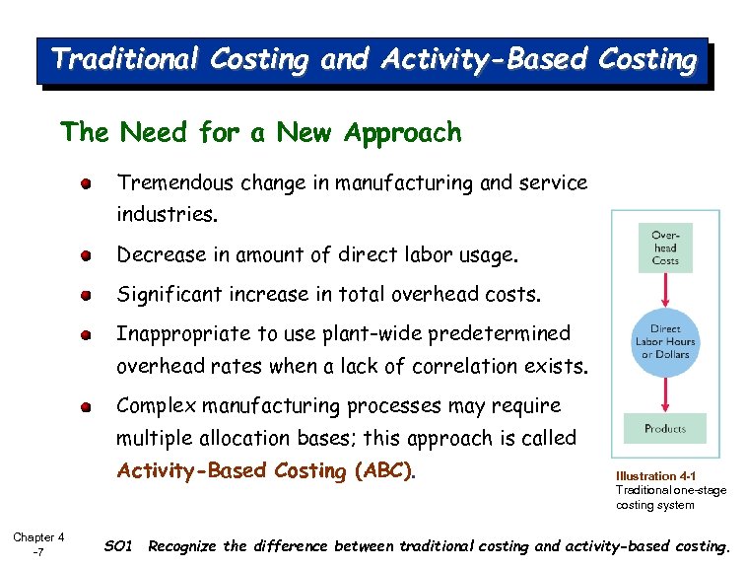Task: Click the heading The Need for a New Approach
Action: [260, 132]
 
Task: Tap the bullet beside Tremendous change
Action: [87, 182]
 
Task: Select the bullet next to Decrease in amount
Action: [87, 255]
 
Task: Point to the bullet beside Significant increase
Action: [87, 294]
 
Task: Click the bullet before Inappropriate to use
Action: [87, 333]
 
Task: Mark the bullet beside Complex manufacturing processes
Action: [87, 405]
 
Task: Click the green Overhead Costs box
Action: [665, 248]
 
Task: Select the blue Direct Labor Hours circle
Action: [665, 341]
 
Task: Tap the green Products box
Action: [665, 429]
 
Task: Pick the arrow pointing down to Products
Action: [665, 394]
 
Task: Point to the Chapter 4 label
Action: [38, 537]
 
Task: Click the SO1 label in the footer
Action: [117, 545]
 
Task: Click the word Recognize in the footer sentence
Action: [187, 545]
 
